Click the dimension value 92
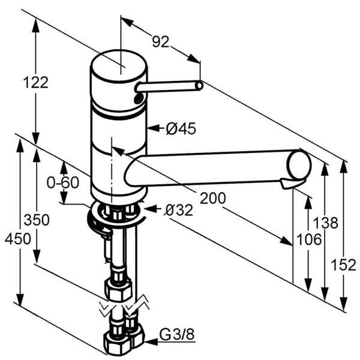[x=160, y=41]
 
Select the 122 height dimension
[x=37, y=82]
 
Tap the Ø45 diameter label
[x=181, y=128]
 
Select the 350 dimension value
[x=37, y=220]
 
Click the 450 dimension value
[x=17, y=239]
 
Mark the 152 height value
[x=345, y=265]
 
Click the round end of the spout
[x=299, y=164]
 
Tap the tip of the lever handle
[x=199, y=86]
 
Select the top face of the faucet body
[x=118, y=64]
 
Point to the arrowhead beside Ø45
[x=152, y=128]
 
